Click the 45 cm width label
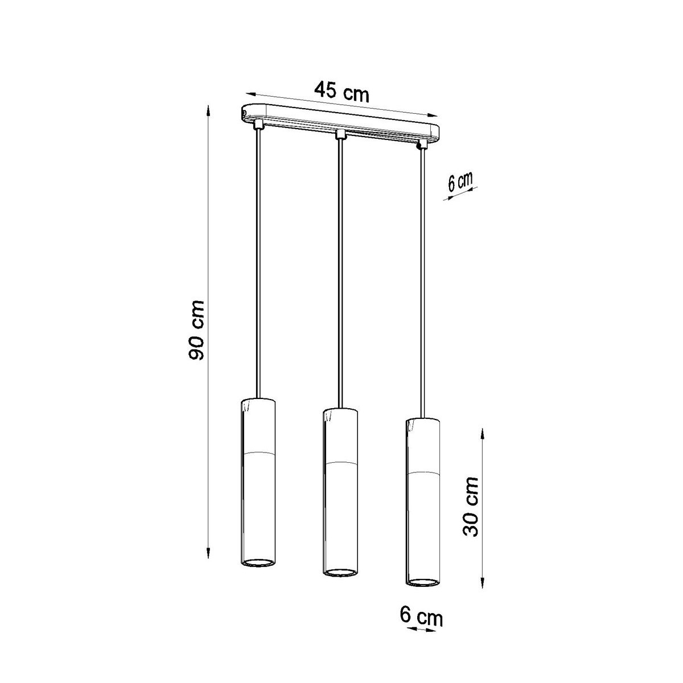[342, 92]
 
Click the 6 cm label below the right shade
[422, 618]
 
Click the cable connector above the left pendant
[258, 124]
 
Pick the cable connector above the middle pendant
[340, 134]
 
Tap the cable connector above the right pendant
[422, 145]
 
